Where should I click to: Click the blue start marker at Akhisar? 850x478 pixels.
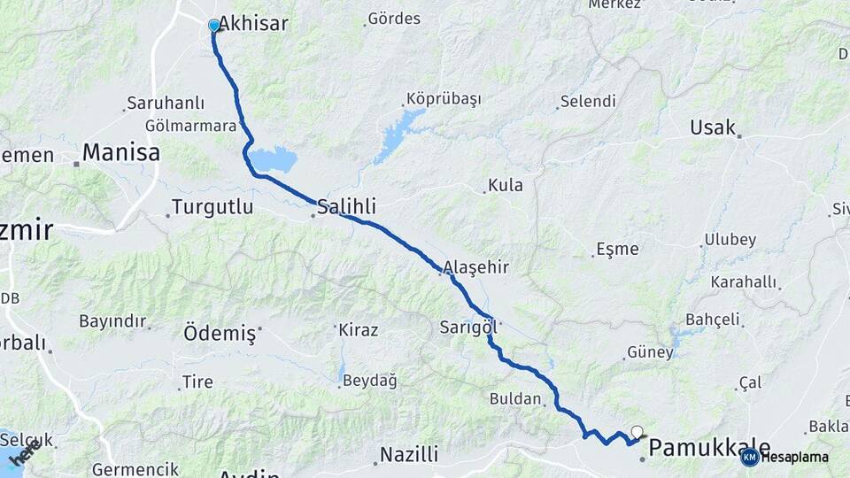click(x=213, y=26)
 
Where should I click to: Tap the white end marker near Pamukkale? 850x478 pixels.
click(x=637, y=432)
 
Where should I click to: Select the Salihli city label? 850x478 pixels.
click(x=346, y=206)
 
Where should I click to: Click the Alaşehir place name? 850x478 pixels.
click(x=476, y=266)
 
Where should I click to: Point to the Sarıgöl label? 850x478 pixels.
click(x=467, y=328)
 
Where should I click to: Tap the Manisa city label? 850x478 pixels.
click(x=120, y=153)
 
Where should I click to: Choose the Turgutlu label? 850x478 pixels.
click(x=212, y=207)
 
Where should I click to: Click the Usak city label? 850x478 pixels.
click(x=713, y=127)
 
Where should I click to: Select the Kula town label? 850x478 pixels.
click(x=506, y=186)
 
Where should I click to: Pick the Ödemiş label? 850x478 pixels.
click(x=220, y=334)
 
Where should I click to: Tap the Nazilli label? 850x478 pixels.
click(x=409, y=455)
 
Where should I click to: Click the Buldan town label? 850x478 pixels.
click(x=514, y=399)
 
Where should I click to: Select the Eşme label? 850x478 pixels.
click(x=617, y=250)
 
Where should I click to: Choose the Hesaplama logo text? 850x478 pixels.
click(x=794, y=457)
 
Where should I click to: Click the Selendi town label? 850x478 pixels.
click(x=587, y=101)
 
